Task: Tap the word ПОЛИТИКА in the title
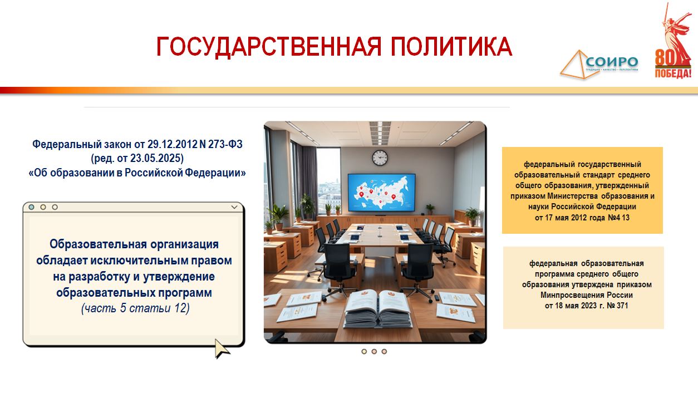coord(451,46)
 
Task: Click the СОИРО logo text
coord(612,62)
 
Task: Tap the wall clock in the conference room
coord(380,158)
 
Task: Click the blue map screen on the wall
coord(381,192)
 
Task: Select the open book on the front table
coord(377,308)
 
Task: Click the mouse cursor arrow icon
coord(222,348)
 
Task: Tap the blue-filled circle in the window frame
coord(32,207)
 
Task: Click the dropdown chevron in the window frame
coord(234,207)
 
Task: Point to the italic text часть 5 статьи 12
coord(135,308)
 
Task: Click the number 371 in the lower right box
coord(622,306)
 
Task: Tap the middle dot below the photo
coord(374,352)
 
